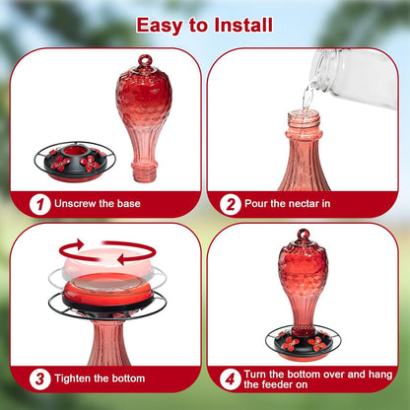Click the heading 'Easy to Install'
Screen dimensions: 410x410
tap(204, 24)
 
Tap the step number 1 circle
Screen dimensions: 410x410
tap(39, 204)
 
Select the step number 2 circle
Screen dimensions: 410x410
tap(230, 204)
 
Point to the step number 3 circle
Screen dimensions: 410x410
tap(39, 377)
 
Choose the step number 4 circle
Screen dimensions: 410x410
tap(230, 377)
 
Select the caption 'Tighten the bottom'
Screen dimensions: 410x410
tap(100, 378)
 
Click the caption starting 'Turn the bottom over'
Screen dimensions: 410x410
tap(310, 377)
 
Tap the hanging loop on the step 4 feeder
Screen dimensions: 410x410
tap(303, 236)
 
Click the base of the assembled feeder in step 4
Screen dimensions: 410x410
tap(303, 341)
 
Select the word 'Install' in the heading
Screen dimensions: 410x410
tap(241, 24)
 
